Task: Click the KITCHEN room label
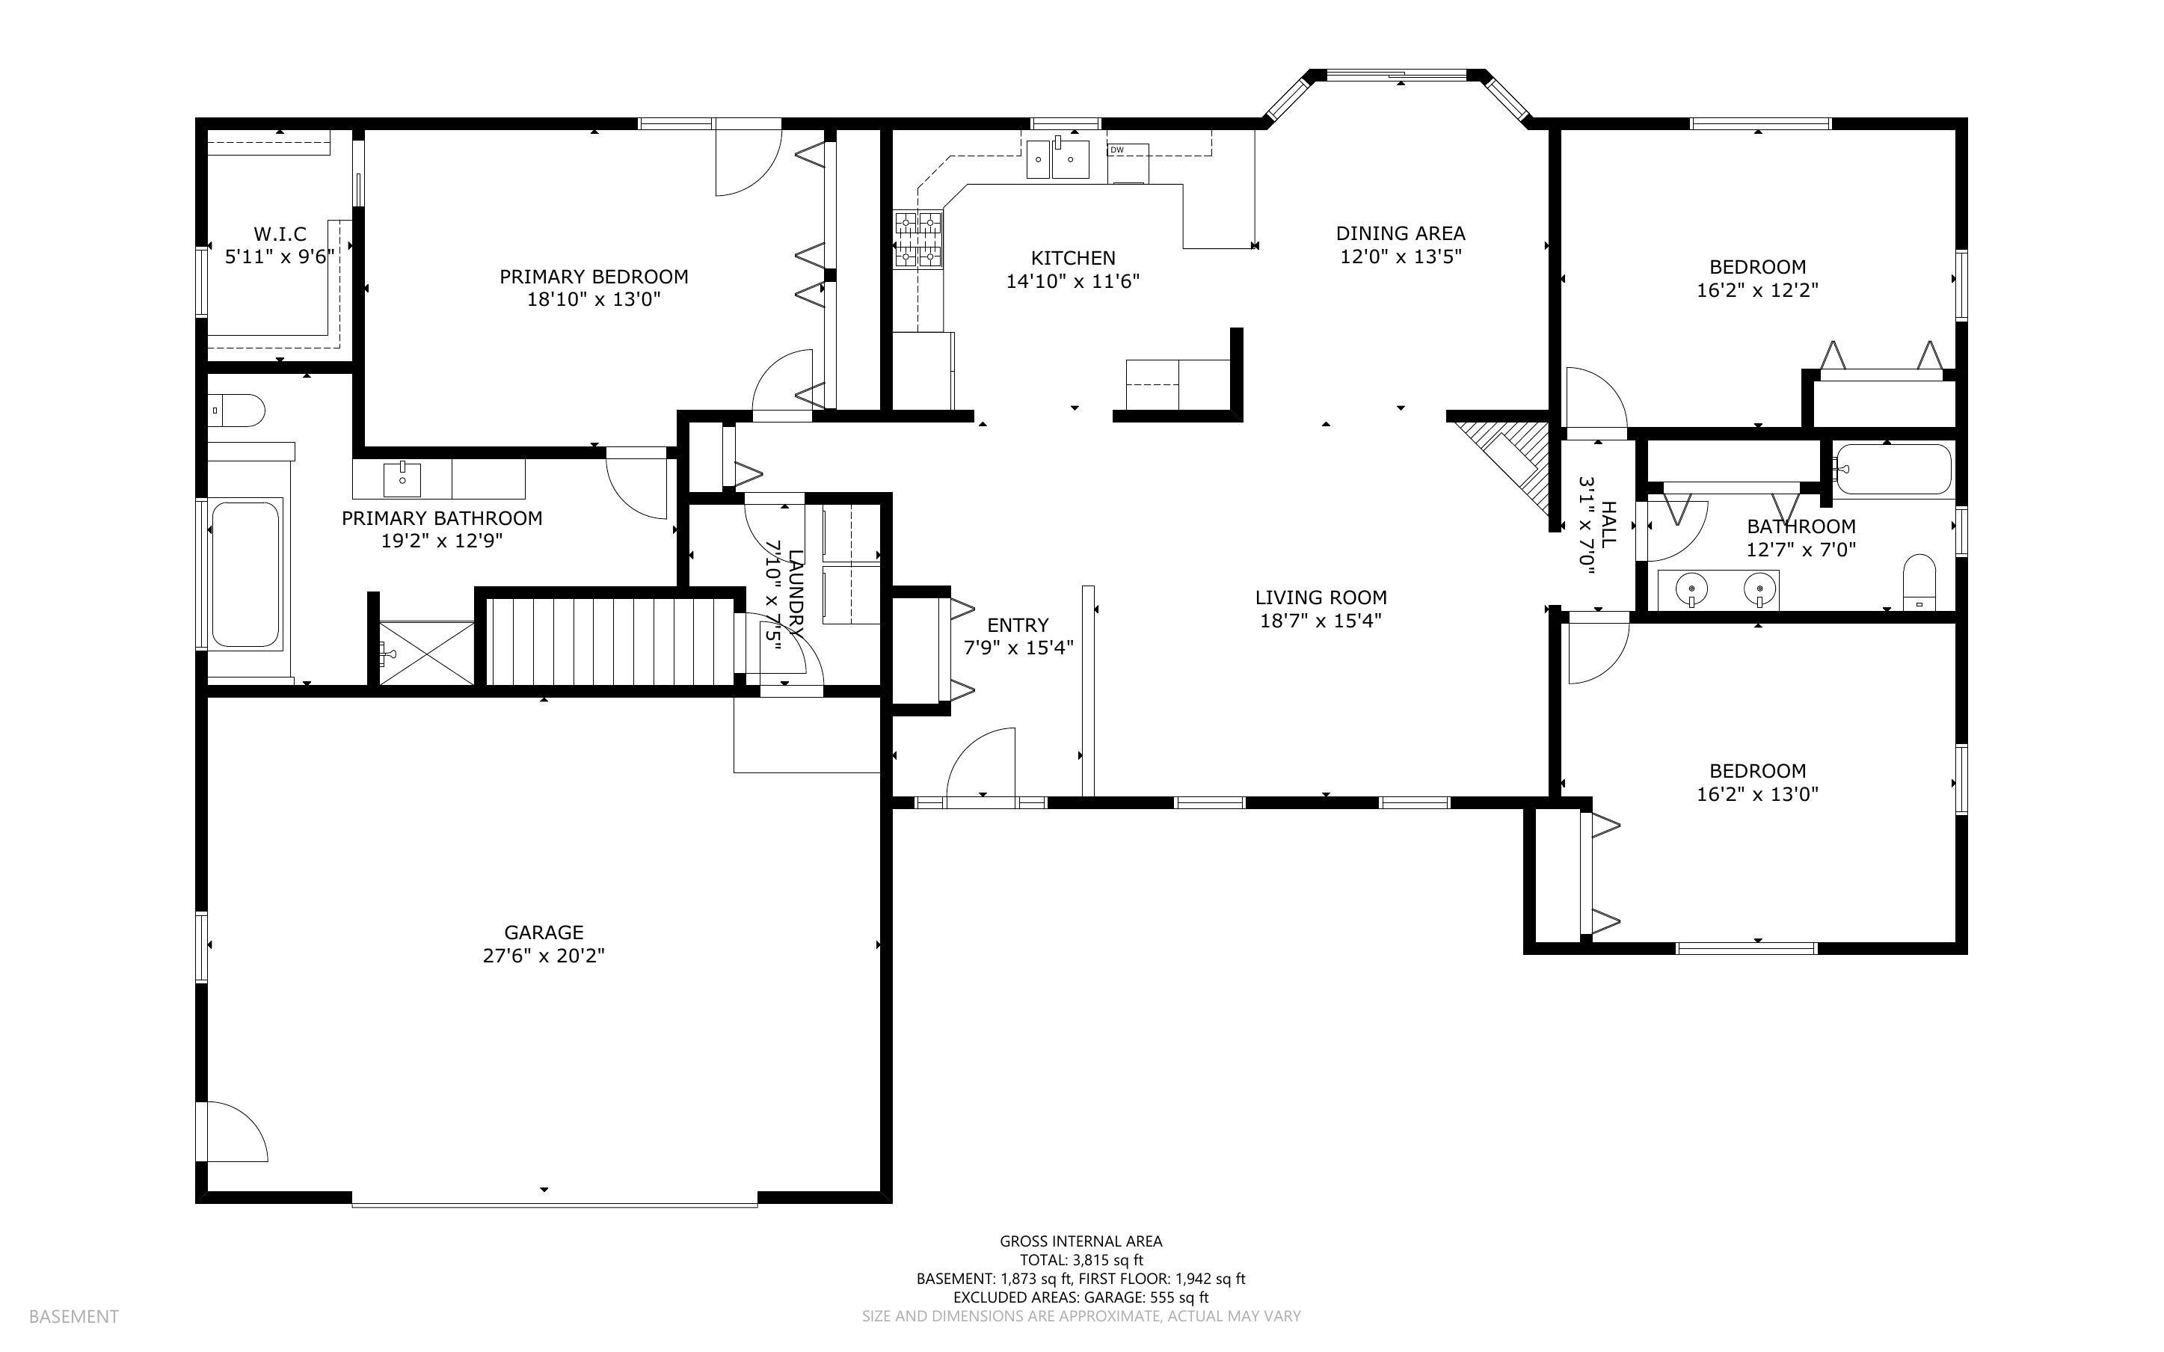(1072, 257)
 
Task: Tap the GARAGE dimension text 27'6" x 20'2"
(544, 956)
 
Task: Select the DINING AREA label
(1401, 233)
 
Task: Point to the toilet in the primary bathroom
(237, 411)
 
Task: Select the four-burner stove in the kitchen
(918, 239)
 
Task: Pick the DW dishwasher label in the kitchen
(1116, 150)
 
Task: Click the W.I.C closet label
(280, 234)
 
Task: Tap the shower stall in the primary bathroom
(427, 653)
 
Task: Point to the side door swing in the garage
(238, 1132)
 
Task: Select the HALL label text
(1608, 525)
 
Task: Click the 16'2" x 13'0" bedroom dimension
(1757, 794)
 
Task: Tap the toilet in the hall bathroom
(1919, 581)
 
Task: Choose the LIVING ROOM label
(1321, 597)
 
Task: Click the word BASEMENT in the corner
(73, 1316)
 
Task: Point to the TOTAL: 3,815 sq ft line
(1081, 1260)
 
